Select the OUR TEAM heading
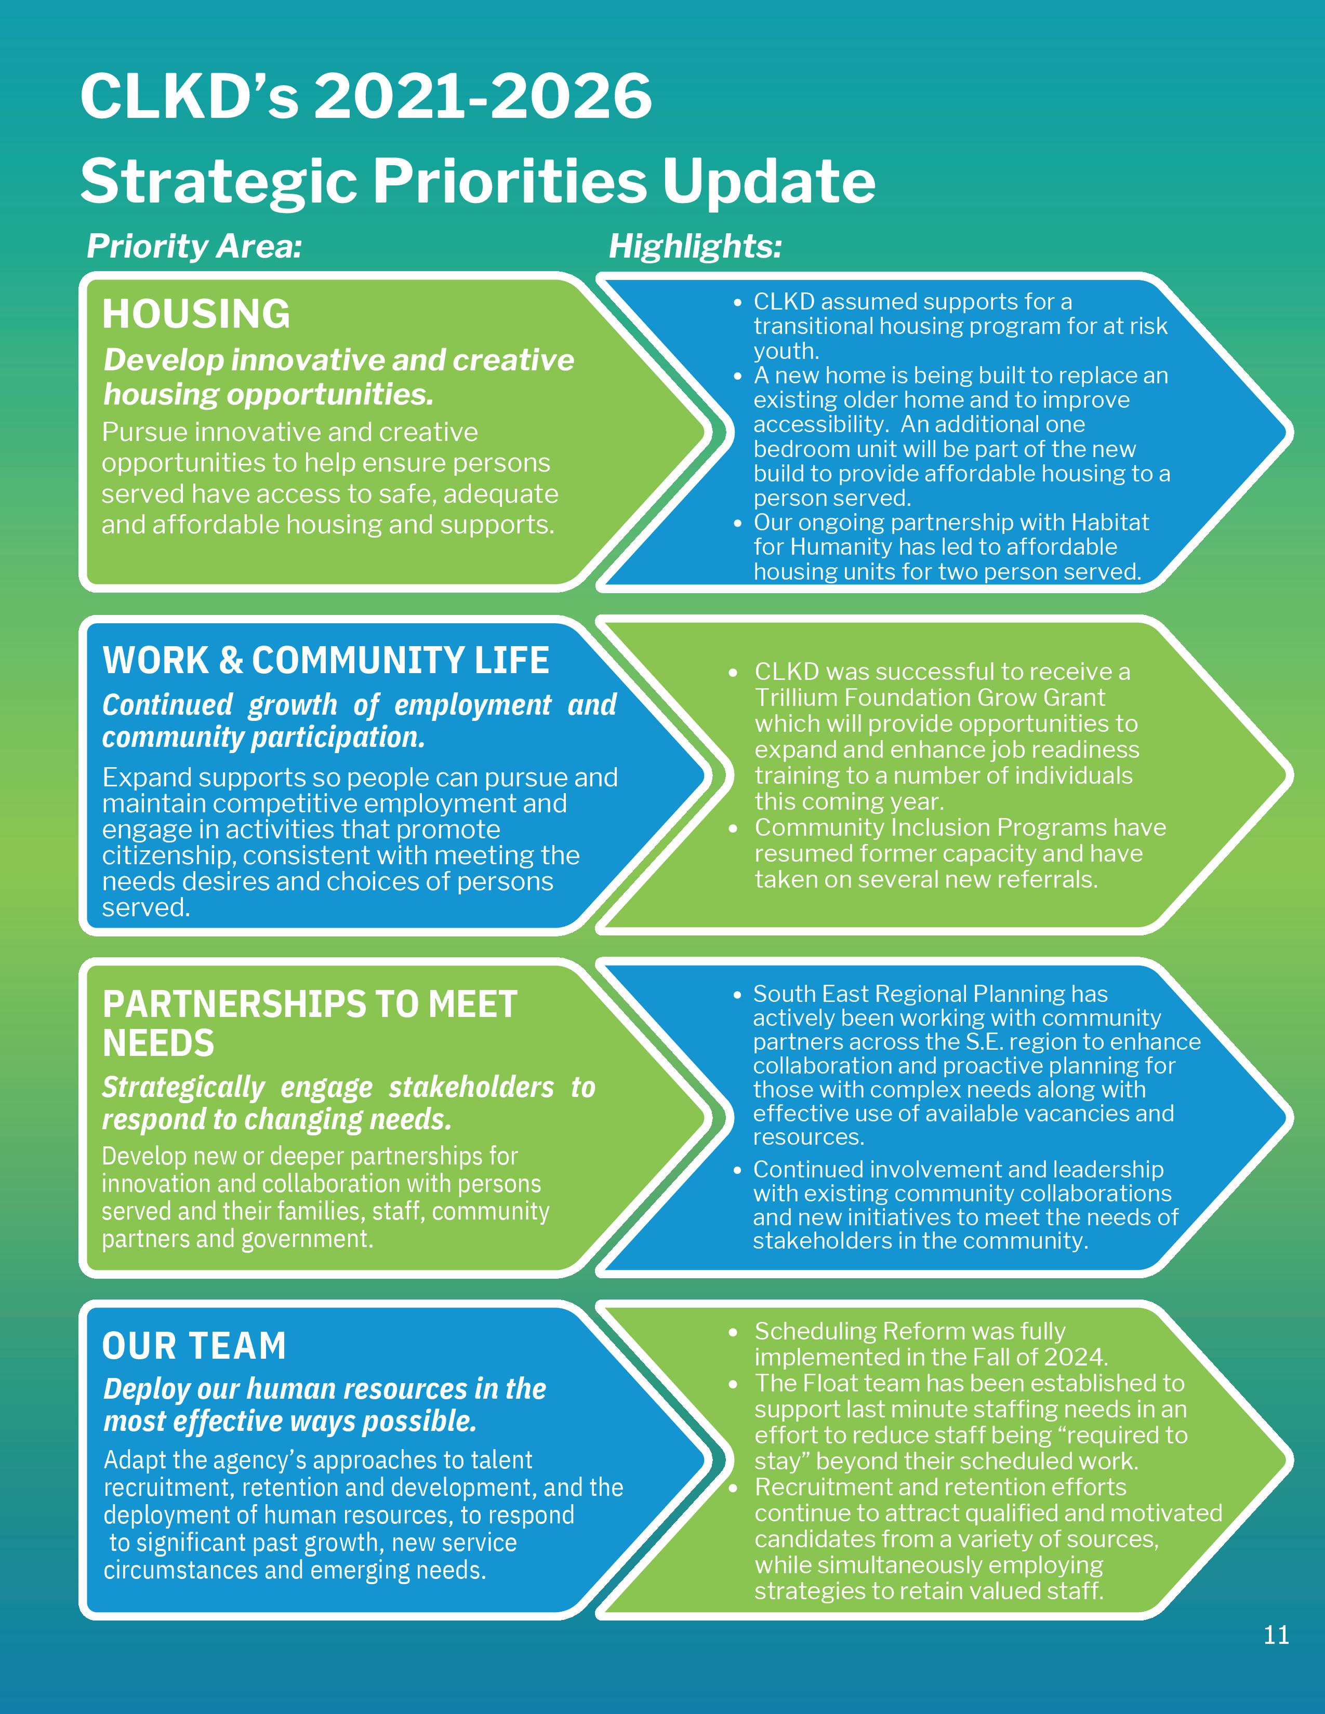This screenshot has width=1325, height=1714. [194, 1346]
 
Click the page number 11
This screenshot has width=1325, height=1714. [1276, 1635]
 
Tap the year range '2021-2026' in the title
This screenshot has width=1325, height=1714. [483, 97]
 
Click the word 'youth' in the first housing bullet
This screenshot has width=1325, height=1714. [786, 351]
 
